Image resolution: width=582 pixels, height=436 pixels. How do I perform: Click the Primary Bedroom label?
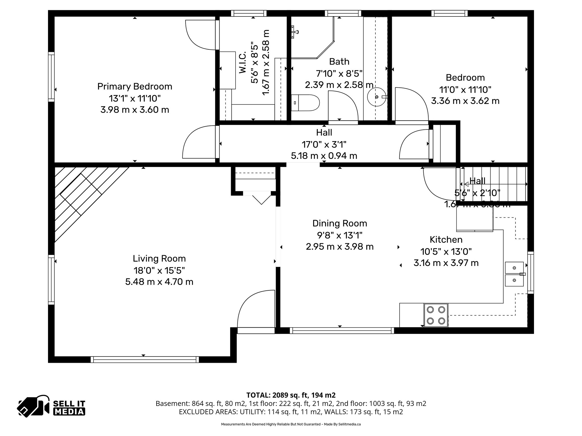click(135, 87)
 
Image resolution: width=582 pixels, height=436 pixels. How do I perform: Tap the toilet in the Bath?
click(305, 103)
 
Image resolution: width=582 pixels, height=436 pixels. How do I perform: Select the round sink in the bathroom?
click(377, 97)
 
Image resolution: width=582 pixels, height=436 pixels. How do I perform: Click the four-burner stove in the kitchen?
click(436, 315)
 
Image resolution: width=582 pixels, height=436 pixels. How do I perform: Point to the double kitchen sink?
click(514, 274)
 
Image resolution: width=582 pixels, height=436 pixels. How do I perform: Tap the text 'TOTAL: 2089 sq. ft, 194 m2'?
click(291, 395)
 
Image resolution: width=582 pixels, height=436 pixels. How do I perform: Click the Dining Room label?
click(340, 223)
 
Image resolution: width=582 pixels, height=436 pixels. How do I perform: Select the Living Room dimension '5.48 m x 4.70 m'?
click(159, 282)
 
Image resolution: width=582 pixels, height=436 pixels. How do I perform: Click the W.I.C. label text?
click(242, 63)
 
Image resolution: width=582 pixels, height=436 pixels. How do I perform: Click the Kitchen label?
click(446, 240)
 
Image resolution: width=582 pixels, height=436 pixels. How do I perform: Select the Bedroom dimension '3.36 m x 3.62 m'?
click(465, 101)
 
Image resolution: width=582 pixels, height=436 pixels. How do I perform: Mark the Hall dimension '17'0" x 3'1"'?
click(324, 145)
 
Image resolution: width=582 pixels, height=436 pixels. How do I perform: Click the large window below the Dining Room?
click(342, 330)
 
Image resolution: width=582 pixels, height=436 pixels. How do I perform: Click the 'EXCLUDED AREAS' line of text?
click(291, 412)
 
